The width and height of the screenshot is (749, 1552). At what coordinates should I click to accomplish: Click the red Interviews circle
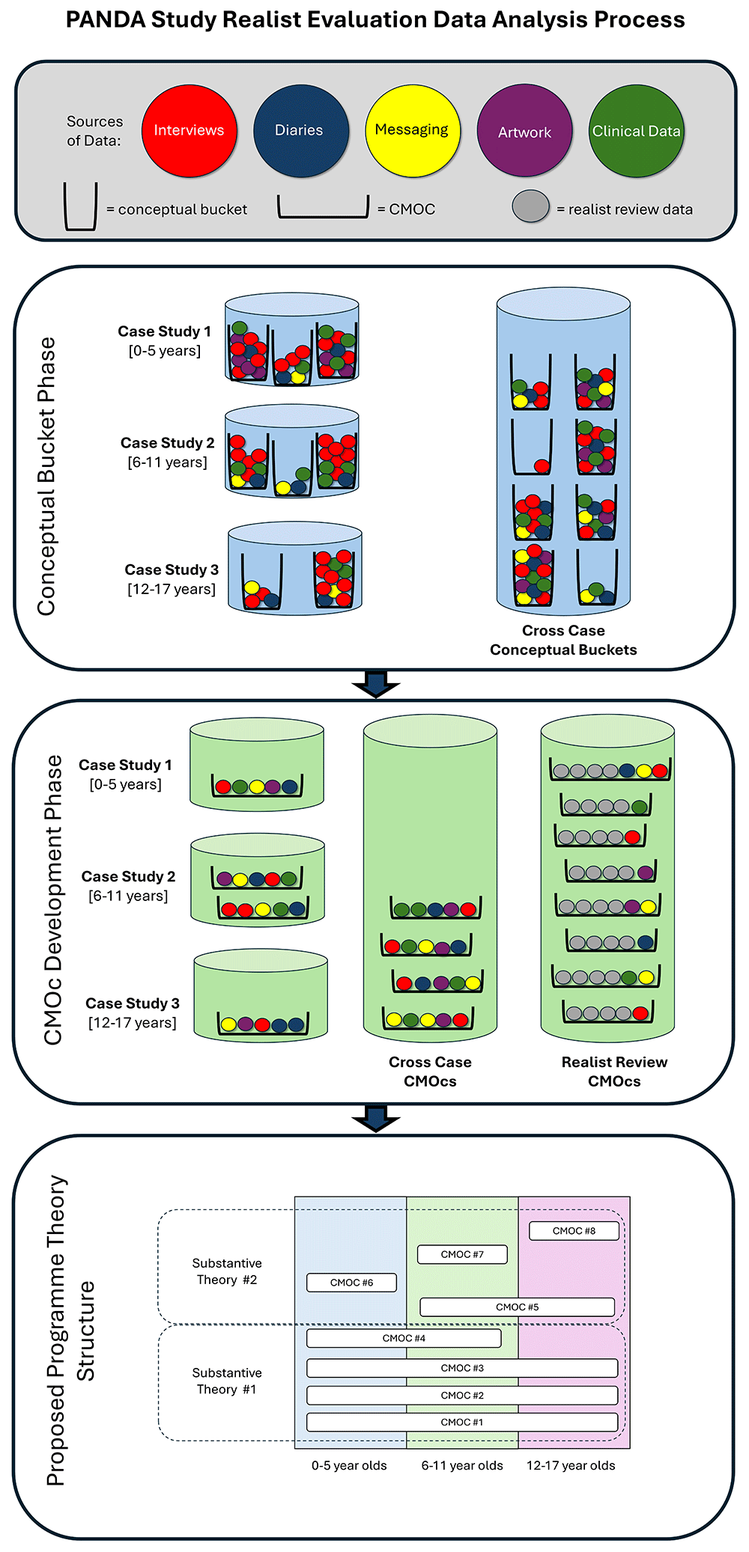click(189, 131)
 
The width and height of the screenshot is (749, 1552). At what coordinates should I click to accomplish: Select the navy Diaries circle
click(300, 131)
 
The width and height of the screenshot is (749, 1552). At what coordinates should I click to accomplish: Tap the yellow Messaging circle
click(412, 131)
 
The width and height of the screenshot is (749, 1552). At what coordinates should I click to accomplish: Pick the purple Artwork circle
click(524, 131)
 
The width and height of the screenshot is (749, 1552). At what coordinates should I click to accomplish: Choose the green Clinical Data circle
click(636, 131)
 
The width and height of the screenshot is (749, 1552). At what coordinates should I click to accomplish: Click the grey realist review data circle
click(531, 207)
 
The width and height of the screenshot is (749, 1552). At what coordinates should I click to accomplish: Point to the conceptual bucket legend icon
click(80, 207)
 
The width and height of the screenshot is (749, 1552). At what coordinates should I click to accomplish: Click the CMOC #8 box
click(574, 1231)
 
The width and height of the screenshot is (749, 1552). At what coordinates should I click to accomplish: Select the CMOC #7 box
click(462, 1254)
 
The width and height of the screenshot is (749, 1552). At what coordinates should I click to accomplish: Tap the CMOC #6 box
click(351, 1283)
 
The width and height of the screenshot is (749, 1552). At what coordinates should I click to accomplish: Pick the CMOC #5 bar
click(517, 1307)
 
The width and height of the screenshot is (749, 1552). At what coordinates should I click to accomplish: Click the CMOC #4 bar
click(404, 1338)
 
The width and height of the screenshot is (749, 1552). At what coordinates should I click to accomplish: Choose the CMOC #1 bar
click(462, 1422)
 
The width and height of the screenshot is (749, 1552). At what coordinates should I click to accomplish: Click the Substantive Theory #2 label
click(227, 1271)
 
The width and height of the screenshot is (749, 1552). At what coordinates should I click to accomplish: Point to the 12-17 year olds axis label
click(571, 1465)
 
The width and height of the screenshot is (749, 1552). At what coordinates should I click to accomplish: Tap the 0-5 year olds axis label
click(349, 1465)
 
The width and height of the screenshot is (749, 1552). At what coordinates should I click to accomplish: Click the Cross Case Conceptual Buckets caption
click(563, 641)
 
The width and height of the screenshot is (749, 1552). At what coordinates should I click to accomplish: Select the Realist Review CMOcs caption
click(614, 1072)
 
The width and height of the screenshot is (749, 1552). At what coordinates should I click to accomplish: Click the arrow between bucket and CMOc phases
click(375, 683)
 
